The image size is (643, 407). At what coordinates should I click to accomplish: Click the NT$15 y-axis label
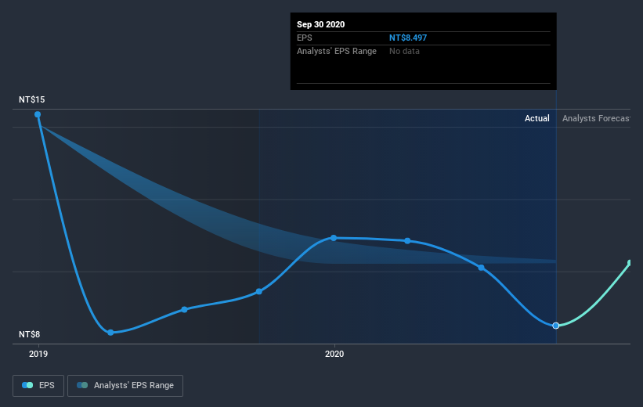[33, 100]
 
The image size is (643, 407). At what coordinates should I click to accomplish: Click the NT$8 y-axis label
[31, 334]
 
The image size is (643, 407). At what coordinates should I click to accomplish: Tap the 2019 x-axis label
[38, 354]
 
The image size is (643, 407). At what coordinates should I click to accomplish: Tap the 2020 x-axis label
[334, 354]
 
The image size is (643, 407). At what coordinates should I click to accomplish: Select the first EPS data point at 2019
[38, 114]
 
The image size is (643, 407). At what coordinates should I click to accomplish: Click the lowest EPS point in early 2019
[110, 333]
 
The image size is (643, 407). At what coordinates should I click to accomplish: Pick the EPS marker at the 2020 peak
[334, 238]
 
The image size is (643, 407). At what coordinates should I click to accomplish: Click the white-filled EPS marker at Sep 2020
[556, 326]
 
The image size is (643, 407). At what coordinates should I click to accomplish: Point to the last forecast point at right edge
[630, 263]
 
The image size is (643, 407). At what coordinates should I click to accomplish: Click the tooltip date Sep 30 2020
[320, 24]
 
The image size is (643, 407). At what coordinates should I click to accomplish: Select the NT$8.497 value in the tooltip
[408, 38]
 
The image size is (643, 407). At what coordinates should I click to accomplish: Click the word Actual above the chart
[537, 119]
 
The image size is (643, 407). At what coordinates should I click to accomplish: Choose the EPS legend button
[38, 385]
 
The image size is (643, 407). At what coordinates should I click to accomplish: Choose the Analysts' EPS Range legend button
[126, 385]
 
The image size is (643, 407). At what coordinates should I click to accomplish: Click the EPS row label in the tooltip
[304, 38]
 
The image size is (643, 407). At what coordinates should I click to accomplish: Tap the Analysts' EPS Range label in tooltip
[337, 51]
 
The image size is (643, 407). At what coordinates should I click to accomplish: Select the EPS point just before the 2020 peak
[259, 292]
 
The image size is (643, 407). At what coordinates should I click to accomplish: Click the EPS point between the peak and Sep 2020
[481, 268]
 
